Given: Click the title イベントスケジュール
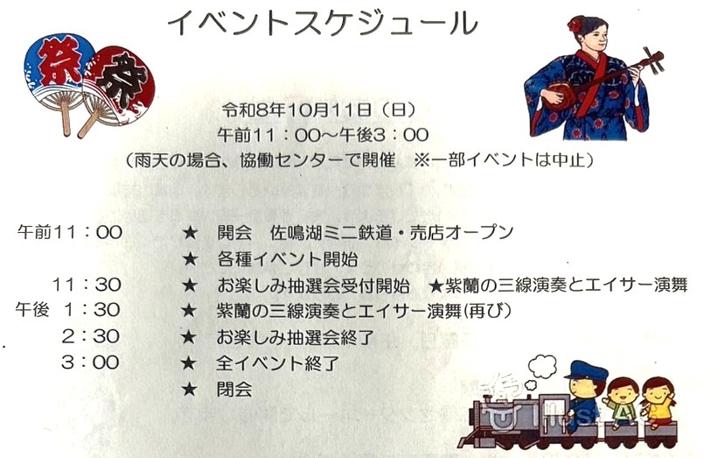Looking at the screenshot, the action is [x=323, y=23].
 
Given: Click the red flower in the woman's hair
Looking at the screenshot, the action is [x=575, y=25].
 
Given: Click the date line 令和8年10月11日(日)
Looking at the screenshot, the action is [x=319, y=110].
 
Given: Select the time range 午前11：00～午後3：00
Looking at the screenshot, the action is [x=323, y=135].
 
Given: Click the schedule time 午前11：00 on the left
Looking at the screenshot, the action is [x=70, y=232].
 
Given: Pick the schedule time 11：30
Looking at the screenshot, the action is [x=87, y=285].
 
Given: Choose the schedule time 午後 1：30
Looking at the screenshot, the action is [x=68, y=310].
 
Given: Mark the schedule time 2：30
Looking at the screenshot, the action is [x=91, y=336].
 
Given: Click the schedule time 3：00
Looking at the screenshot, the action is [x=90, y=363].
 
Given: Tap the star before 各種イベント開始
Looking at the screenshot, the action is [x=190, y=259].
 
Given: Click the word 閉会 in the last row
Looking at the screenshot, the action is [x=234, y=390].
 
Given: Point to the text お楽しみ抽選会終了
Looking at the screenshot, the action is [x=296, y=338].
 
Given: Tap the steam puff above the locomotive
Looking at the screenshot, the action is [x=542, y=366].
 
